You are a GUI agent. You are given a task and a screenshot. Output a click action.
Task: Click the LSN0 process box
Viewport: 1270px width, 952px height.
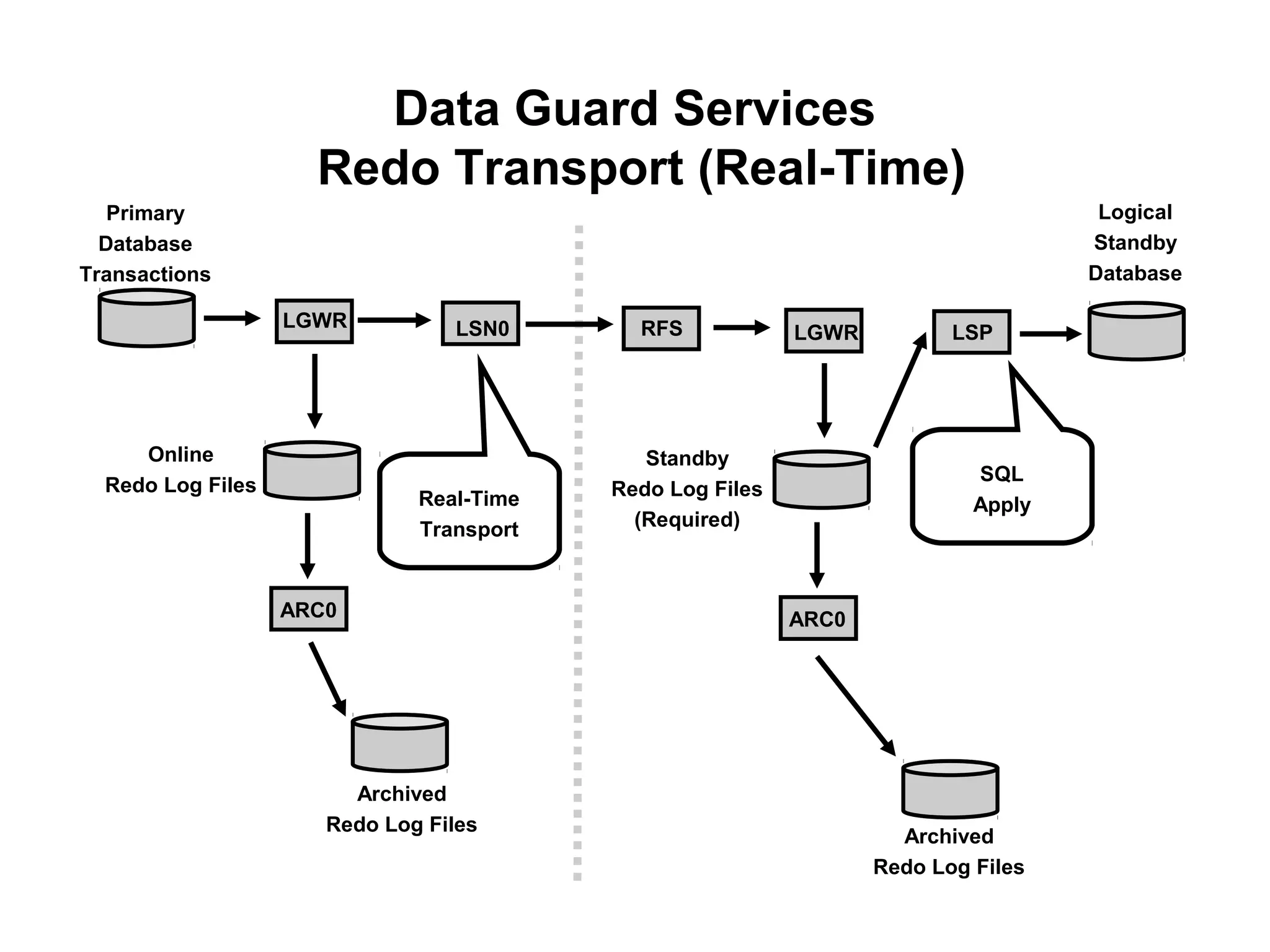click(x=481, y=324)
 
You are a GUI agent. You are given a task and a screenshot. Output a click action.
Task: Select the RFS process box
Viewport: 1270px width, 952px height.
click(x=661, y=328)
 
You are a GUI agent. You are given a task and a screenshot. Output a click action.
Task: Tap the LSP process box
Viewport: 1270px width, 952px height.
click(x=972, y=332)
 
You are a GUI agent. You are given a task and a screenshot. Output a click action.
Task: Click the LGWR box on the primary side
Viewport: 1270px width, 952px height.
click(x=314, y=321)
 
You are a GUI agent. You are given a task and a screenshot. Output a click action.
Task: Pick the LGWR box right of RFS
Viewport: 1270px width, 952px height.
click(x=824, y=331)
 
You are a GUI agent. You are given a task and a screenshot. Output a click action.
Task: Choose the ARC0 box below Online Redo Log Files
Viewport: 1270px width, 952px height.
click(x=309, y=609)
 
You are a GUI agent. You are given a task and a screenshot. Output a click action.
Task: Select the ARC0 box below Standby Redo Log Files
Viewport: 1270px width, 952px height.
click(x=818, y=619)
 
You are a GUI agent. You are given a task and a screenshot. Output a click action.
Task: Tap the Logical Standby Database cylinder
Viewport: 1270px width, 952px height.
click(x=1137, y=332)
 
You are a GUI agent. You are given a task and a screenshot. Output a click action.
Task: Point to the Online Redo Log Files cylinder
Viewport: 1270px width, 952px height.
click(x=312, y=471)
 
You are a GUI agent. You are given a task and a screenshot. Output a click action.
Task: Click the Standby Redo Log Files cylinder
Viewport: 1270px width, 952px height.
click(x=822, y=480)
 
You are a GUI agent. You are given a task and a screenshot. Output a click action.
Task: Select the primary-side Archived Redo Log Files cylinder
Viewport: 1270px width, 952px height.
click(x=400, y=743)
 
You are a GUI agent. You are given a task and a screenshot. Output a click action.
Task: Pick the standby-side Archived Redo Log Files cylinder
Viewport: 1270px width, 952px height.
click(x=950, y=790)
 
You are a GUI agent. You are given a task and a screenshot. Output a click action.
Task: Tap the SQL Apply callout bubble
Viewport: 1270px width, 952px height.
click(x=1001, y=489)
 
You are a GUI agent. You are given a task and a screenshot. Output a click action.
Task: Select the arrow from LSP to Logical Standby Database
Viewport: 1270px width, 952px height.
click(x=1050, y=334)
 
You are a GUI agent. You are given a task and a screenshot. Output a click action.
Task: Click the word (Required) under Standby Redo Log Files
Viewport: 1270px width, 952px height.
click(x=686, y=519)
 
